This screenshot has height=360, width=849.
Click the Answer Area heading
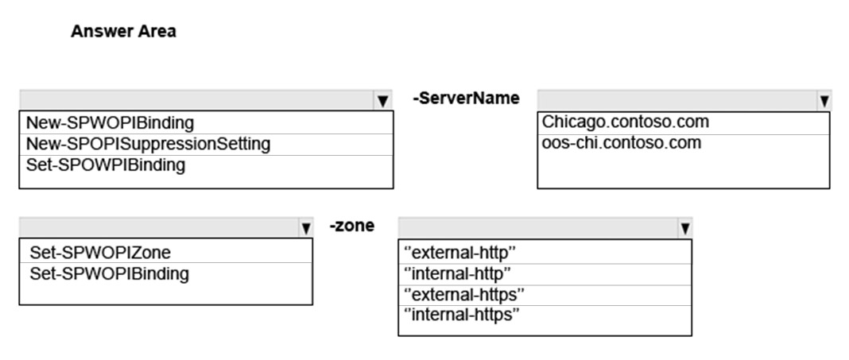click(x=123, y=32)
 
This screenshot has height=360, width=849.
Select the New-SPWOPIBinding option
click(x=110, y=123)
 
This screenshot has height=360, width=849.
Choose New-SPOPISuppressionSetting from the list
click(x=148, y=144)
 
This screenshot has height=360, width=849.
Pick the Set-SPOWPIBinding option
click(x=106, y=165)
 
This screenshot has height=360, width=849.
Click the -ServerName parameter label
click(x=466, y=98)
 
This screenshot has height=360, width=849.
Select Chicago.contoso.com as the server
click(x=626, y=122)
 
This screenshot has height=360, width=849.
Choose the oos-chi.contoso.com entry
click(x=622, y=142)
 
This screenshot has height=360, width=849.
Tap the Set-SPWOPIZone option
click(x=100, y=252)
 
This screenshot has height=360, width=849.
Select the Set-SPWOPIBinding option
click(x=110, y=273)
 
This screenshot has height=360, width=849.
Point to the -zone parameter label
click(x=352, y=225)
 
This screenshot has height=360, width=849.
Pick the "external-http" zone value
click(x=459, y=252)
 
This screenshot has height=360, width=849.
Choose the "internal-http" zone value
click(x=458, y=273)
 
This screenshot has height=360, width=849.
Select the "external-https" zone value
click(x=464, y=294)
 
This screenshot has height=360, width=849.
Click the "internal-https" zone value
click(x=462, y=315)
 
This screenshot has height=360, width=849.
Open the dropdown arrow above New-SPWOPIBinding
click(x=383, y=100)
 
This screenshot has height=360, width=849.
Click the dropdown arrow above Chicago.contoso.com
click(x=824, y=100)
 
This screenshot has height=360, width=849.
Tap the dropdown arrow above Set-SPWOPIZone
click(x=306, y=228)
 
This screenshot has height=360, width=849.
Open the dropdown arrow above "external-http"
click(x=685, y=228)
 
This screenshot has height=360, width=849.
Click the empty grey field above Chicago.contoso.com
click(x=676, y=100)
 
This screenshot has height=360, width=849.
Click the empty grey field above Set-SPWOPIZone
click(x=159, y=227)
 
